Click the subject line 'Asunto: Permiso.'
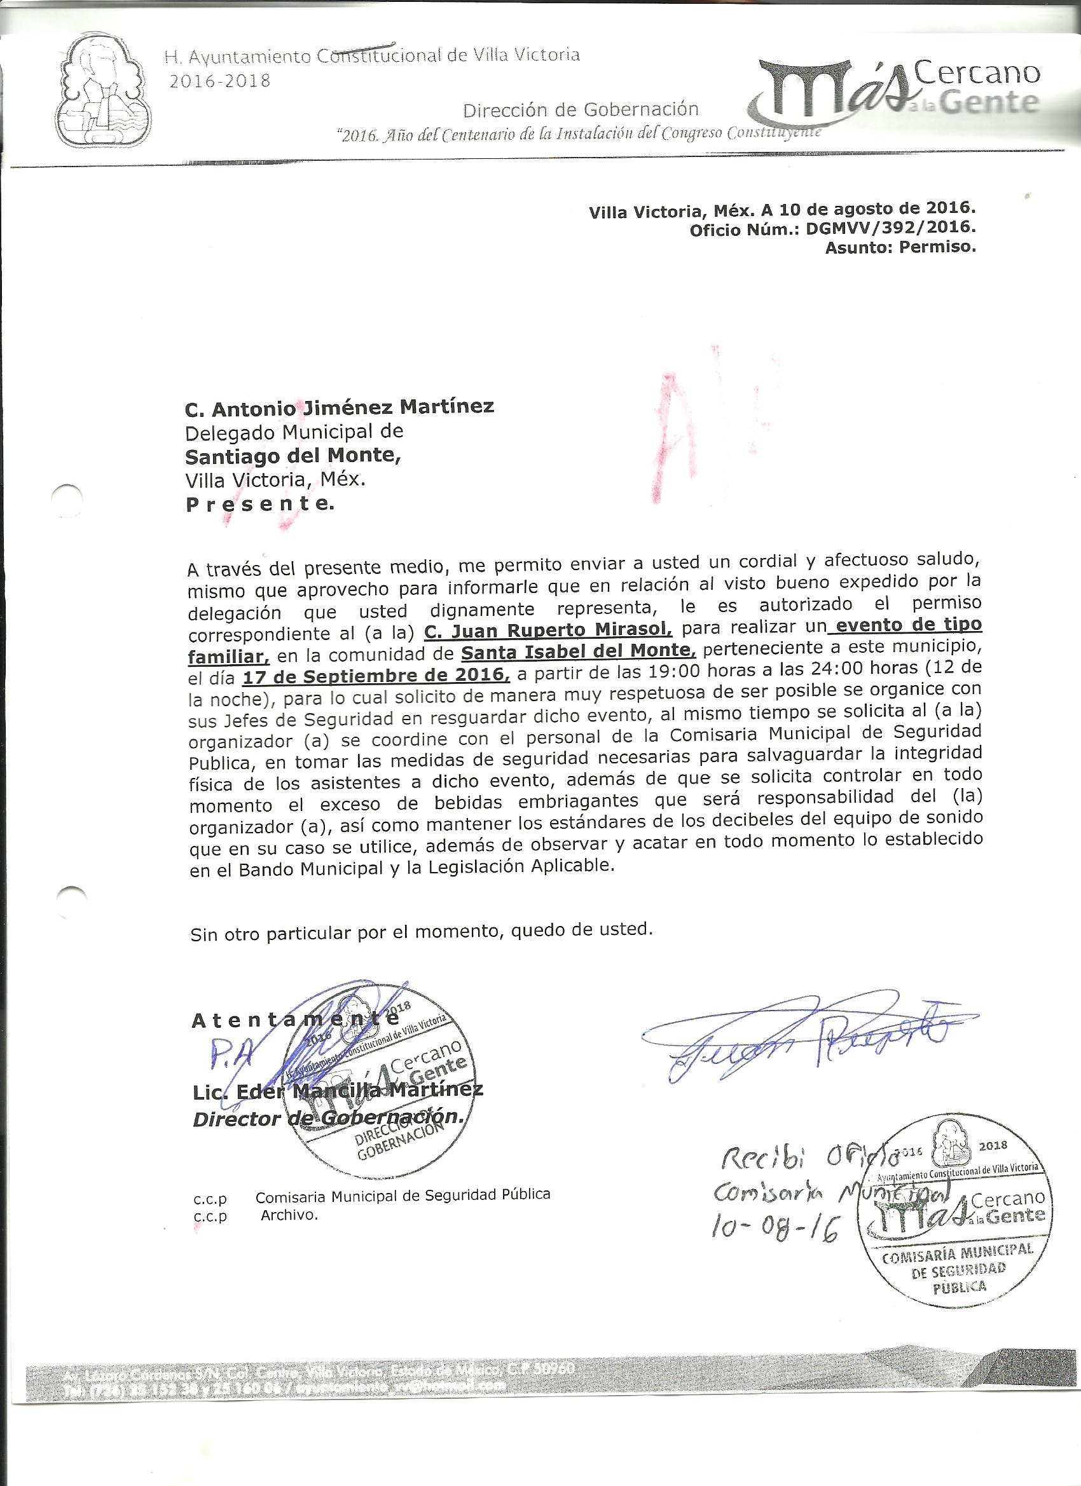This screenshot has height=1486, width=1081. tap(900, 248)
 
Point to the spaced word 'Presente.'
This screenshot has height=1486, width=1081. tap(260, 504)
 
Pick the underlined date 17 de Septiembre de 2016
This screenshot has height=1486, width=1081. tap(376, 675)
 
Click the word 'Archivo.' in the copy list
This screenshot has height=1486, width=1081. tap(289, 1215)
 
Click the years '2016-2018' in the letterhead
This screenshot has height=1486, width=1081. tap(219, 81)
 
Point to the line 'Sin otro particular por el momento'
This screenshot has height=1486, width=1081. tap(421, 931)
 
